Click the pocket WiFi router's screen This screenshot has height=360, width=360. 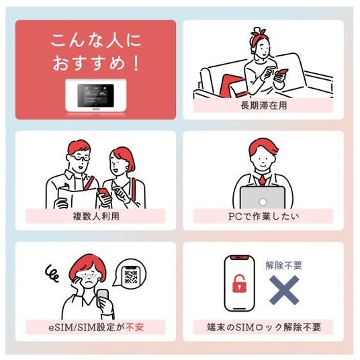pyautogui.click(x=95, y=95)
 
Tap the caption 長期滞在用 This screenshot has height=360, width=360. pyautogui.click(x=263, y=105)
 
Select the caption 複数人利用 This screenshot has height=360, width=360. pyautogui.click(x=96, y=216)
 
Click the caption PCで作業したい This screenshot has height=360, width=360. pyautogui.click(x=263, y=216)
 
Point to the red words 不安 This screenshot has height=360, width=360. pyautogui.click(x=135, y=327)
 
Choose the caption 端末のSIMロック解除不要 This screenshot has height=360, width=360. pyautogui.click(x=264, y=327)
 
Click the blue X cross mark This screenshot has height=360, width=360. pyautogui.click(x=284, y=290)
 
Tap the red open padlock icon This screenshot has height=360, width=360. pyautogui.click(x=239, y=284)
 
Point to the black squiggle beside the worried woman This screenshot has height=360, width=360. pyautogui.click(x=52, y=273)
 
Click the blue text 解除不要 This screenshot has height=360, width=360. pyautogui.click(x=283, y=265)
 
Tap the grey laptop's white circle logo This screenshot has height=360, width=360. pyautogui.click(x=263, y=202)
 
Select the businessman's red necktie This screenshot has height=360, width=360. pyautogui.click(x=262, y=180)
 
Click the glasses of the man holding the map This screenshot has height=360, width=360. pyautogui.click(x=81, y=158)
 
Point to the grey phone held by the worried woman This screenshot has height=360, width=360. pyautogui.click(x=103, y=298)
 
